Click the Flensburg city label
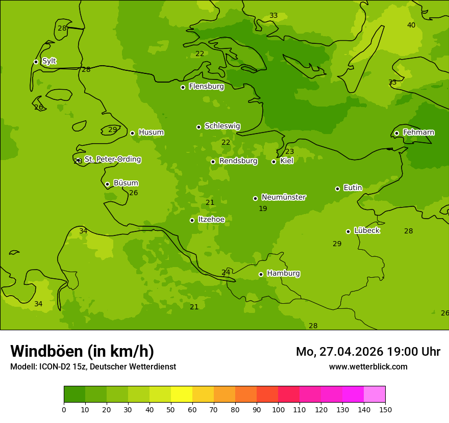tap(206, 87)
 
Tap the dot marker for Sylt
tap(36, 62)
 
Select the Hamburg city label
tap(283, 274)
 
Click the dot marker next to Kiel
tap(273, 162)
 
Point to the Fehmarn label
tap(418, 133)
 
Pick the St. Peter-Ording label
tap(112, 160)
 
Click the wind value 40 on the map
tap(411, 25)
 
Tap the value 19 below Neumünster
tap(263, 209)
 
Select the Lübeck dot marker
tap(348, 231)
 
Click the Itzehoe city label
tap(211, 220)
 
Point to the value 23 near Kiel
tap(289, 152)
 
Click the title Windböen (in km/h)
tap(82, 351)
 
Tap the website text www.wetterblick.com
tap(368, 367)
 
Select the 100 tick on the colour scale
tap(278, 410)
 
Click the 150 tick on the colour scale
tap(385, 410)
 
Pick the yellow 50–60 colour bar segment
tap(182, 394)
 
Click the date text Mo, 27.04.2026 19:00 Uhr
tap(368, 352)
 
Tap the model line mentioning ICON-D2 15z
tap(93, 367)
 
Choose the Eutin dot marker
tap(337, 189)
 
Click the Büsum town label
tap(126, 183)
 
